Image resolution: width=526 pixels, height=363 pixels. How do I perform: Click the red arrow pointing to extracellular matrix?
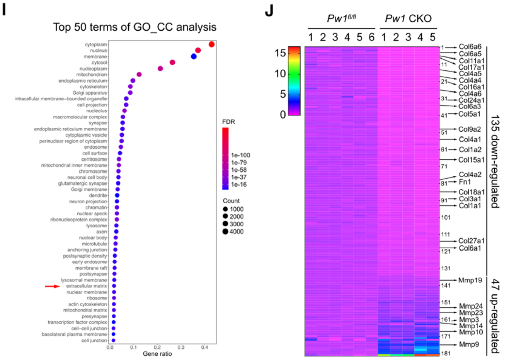pos(53,286)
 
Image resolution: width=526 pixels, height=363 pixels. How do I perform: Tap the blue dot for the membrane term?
pos(194,56)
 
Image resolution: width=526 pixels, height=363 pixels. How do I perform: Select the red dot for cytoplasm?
pos(211,44)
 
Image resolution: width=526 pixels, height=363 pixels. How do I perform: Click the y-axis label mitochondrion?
pos(92,75)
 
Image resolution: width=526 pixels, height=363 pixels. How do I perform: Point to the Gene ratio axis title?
pos(157,354)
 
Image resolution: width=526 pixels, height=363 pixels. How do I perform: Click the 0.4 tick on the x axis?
pos(204,348)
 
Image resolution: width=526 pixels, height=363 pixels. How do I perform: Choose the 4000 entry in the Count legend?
pos(233,232)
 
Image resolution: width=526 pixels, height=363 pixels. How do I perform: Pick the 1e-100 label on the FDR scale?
pos(240,155)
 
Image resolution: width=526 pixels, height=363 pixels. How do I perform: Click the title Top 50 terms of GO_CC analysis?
pos(134,27)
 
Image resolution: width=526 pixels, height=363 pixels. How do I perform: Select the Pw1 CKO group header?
pos(408,19)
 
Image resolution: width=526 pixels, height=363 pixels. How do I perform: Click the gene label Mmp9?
pos(469,344)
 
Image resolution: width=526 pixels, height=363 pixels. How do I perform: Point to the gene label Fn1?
pos(465,182)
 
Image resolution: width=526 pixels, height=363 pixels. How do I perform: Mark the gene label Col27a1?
pos(471,241)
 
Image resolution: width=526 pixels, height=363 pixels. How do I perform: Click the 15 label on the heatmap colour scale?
pos(280,53)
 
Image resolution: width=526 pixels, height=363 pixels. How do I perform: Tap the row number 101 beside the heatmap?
pos(446,217)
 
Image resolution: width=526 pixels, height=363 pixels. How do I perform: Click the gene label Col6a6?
pos(470,47)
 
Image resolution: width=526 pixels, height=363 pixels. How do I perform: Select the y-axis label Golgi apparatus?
pos(90,93)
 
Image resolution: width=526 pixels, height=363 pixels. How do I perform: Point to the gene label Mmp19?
pos(470,280)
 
